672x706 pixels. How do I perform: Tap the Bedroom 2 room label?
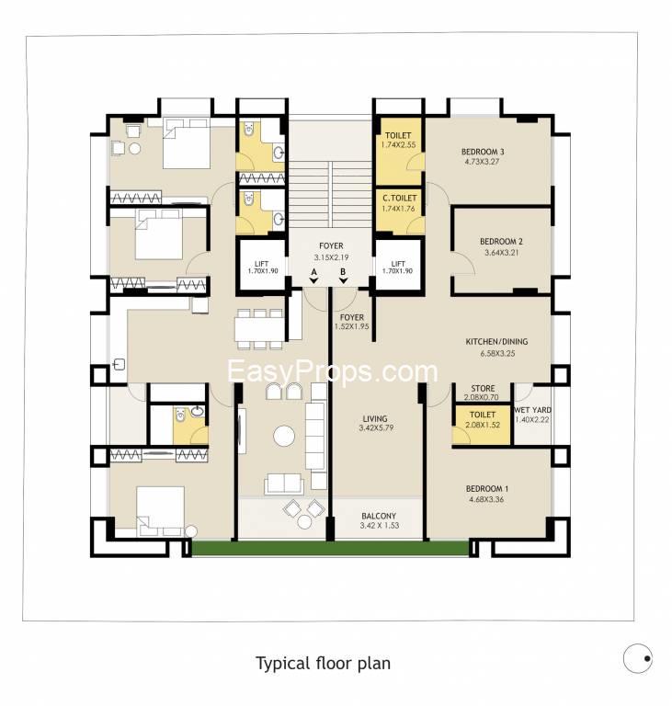click(501, 242)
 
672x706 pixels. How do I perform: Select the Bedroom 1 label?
click(487, 488)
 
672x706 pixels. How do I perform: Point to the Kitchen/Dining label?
click(496, 342)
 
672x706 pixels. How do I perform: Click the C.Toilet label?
click(400, 199)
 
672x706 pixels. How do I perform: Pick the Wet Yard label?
click(532, 410)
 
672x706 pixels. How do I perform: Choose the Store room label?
click(483, 388)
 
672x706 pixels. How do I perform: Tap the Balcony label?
click(379, 516)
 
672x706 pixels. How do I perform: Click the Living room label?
click(375, 419)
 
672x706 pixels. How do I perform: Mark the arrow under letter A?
click(313, 280)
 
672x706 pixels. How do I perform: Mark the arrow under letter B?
click(343, 280)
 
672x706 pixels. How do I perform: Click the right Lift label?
click(398, 264)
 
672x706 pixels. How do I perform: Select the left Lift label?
click(262, 264)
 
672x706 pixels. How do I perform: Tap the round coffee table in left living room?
click(284, 436)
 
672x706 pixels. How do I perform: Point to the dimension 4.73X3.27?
click(482, 162)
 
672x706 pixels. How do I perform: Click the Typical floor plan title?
click(323, 664)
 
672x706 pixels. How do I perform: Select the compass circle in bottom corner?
click(638, 658)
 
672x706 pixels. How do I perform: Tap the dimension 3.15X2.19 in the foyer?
click(331, 257)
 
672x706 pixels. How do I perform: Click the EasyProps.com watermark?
click(333, 371)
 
